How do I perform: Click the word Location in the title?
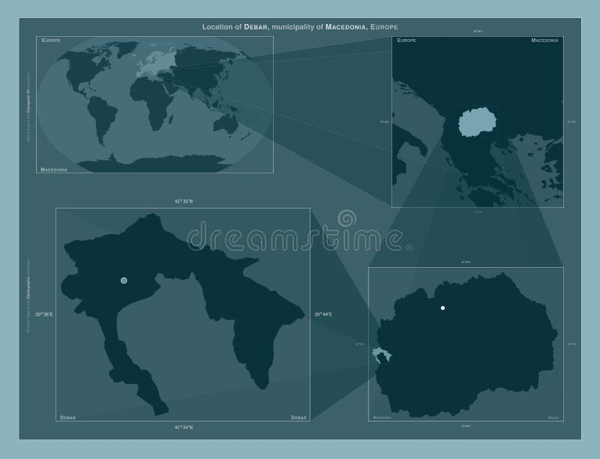click(218, 26)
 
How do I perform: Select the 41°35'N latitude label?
click(184, 202)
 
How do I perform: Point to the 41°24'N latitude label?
click(184, 426)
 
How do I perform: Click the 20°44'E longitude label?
click(322, 313)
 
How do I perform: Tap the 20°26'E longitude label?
click(44, 313)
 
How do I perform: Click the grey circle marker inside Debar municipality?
click(124, 280)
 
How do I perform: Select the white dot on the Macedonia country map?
click(443, 308)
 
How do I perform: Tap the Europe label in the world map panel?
click(51, 39)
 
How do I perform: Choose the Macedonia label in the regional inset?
click(546, 39)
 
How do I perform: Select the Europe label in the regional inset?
click(406, 39)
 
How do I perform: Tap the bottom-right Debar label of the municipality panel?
click(298, 416)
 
